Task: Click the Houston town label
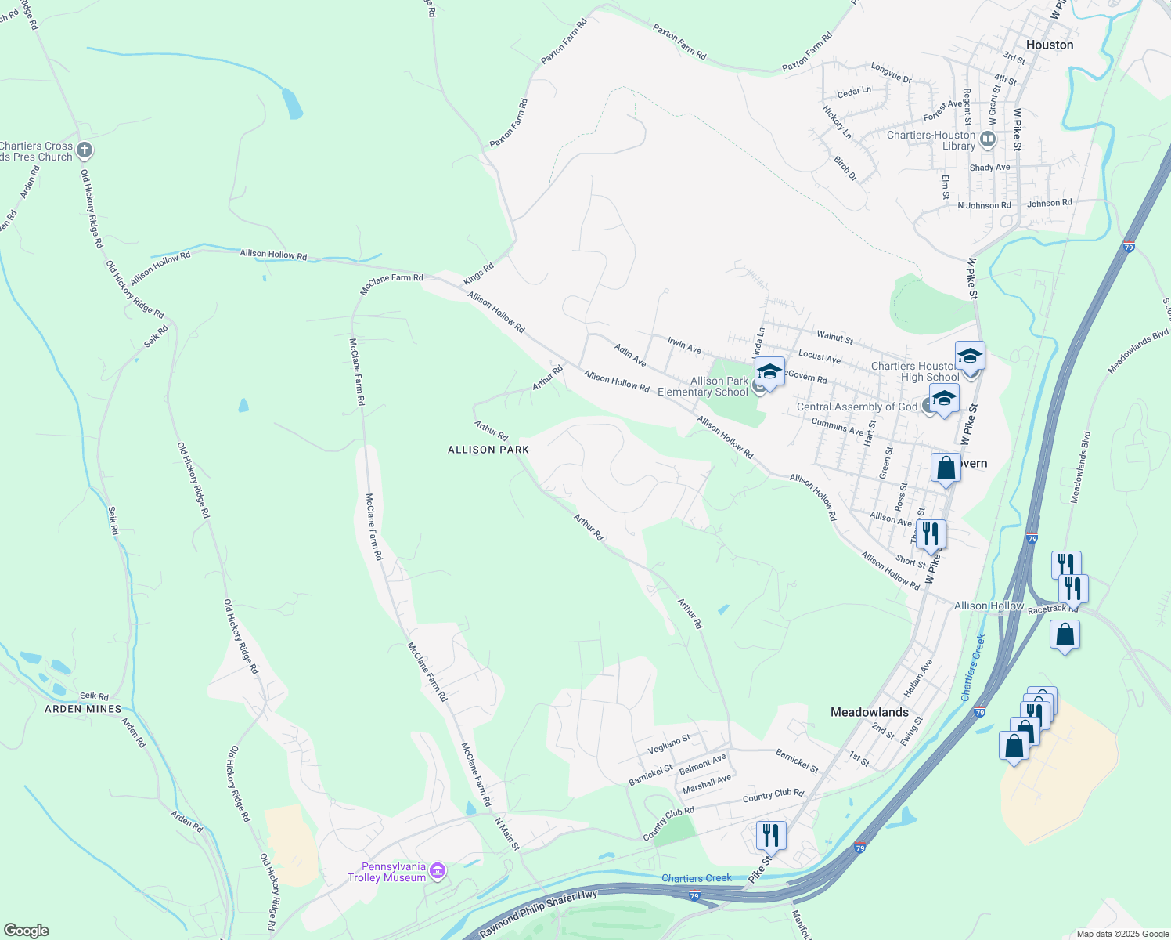[1049, 45]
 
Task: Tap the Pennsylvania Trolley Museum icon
[438, 871]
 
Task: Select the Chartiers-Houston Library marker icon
[988, 140]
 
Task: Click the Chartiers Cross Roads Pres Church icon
[85, 150]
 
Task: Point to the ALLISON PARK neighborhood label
[488, 450]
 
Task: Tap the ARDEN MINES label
[83, 709]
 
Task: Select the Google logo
[26, 931]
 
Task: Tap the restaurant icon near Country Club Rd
[771, 836]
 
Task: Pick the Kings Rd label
[478, 273]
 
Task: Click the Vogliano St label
[669, 745]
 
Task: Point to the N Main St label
[507, 834]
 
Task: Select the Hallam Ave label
[918, 678]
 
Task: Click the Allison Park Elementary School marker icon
[769, 373]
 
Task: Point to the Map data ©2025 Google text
[1122, 934]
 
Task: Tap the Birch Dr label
[845, 168]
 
